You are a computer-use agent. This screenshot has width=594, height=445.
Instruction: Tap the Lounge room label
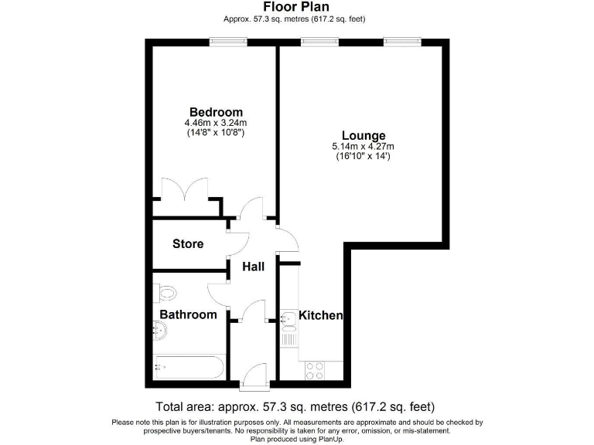click(363, 136)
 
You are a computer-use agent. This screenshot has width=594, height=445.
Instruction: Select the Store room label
click(188, 244)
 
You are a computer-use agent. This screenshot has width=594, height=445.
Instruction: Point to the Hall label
click(254, 267)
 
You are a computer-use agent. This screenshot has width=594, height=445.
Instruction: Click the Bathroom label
click(188, 314)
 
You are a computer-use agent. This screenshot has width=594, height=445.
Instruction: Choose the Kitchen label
click(320, 315)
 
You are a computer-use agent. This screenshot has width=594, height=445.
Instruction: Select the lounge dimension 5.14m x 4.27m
click(363, 147)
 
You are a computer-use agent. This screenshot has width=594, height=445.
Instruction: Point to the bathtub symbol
click(189, 366)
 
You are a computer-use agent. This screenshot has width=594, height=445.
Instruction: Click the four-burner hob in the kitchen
click(316, 370)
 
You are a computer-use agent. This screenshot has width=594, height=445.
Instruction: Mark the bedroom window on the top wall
click(223, 42)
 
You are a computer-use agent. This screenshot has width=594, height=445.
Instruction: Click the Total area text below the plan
click(295, 406)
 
